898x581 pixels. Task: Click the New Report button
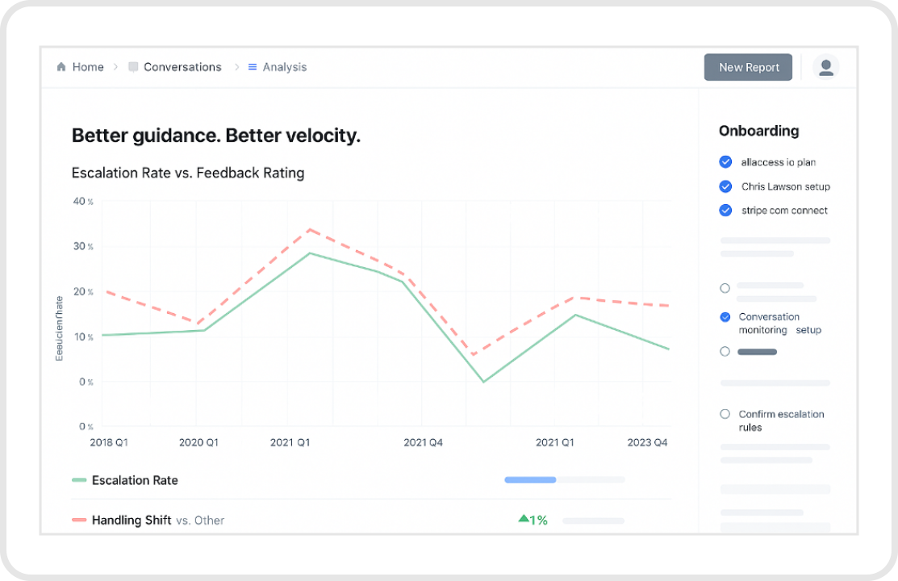point(748,68)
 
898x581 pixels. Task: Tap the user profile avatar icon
point(825,68)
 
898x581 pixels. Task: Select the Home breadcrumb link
point(81,68)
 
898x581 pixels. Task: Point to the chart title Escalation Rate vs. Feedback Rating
point(188,173)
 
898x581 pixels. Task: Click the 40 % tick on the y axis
point(84,201)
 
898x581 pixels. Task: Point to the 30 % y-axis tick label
point(84,246)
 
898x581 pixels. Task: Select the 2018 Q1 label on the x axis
point(109,442)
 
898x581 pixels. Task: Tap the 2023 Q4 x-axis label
point(647,442)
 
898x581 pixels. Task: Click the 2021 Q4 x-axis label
point(423,442)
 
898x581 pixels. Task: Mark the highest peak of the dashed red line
point(309,229)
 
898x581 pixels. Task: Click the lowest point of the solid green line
point(483,381)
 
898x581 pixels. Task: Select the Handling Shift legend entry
point(131,520)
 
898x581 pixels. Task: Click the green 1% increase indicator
point(533,520)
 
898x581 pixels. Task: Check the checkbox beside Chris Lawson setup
point(725,186)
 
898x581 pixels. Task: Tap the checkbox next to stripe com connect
point(725,211)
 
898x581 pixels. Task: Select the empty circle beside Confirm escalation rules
point(725,414)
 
